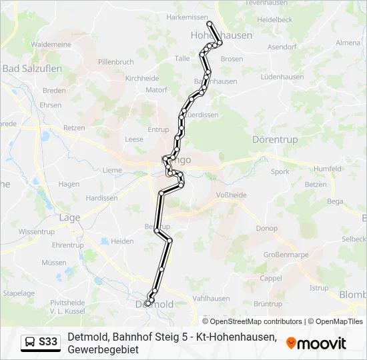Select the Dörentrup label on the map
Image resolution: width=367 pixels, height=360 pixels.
(275, 139)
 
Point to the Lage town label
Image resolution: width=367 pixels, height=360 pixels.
(69, 217)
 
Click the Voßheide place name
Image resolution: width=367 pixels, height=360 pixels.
(232, 195)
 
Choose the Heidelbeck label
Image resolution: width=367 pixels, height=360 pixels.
(275, 20)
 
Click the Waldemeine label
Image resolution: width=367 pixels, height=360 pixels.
(51, 44)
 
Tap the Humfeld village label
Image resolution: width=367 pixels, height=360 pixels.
(327, 169)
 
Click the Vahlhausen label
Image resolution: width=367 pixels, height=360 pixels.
(211, 299)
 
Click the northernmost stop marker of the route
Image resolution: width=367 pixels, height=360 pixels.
(210, 23)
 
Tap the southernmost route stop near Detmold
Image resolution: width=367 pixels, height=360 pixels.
(147, 305)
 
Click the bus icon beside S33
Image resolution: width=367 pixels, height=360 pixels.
(30, 343)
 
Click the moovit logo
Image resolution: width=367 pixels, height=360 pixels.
(316, 343)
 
